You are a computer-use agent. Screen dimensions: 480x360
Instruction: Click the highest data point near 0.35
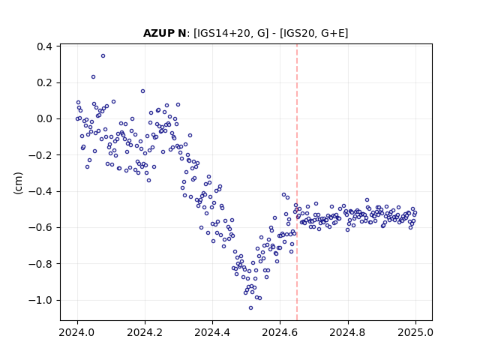(x=103, y=56)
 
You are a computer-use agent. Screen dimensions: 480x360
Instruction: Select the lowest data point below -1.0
(x=250, y=308)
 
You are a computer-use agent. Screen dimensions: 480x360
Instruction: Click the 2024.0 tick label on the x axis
(x=77, y=332)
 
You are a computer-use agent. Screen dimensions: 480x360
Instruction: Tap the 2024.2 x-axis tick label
(x=145, y=332)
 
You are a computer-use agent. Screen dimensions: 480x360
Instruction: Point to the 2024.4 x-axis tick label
(x=212, y=332)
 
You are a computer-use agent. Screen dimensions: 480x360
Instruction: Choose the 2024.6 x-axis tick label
(x=280, y=332)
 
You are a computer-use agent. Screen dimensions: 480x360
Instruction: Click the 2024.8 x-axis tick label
(x=348, y=332)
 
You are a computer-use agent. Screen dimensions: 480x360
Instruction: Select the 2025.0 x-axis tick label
(x=415, y=332)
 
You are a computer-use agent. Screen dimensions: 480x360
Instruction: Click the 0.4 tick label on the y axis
(x=44, y=46)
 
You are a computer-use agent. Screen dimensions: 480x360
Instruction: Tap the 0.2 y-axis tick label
(x=44, y=82)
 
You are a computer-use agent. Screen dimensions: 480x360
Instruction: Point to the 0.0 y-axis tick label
(x=44, y=118)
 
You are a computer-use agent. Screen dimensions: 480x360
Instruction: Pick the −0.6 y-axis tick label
(x=40, y=227)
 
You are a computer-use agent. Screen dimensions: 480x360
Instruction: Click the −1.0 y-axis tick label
(x=40, y=300)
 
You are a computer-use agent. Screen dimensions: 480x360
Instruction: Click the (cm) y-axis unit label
(x=18, y=183)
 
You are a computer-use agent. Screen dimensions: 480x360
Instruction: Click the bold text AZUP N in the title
(x=164, y=33)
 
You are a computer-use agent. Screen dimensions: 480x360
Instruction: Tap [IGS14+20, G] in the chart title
(x=231, y=33)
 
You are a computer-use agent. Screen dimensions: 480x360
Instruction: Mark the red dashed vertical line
(x=297, y=182)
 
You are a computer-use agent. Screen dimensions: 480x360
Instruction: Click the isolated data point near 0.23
(x=93, y=76)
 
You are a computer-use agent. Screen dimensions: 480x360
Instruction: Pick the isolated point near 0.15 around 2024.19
(x=142, y=91)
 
